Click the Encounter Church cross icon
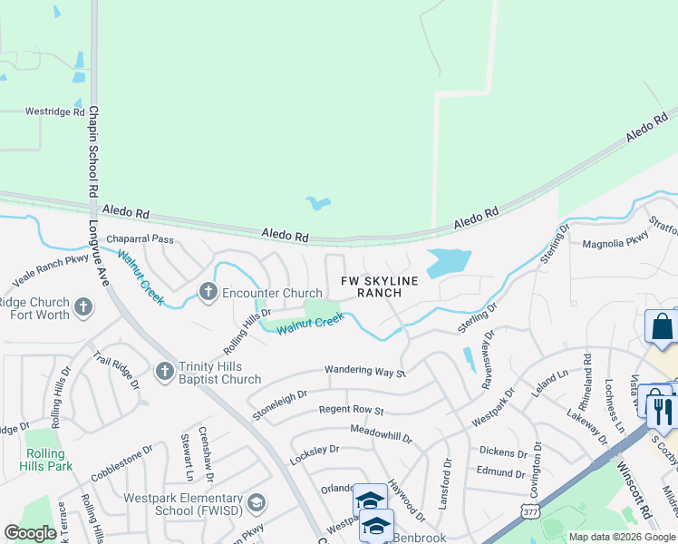[x=208, y=292]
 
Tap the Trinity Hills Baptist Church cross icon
[x=164, y=370]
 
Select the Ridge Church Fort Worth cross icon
[x=83, y=306]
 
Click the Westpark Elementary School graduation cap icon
[x=257, y=502]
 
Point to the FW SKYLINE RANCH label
[x=379, y=287]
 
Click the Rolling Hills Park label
[x=45, y=460]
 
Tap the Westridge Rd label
[x=49, y=112]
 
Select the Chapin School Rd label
[x=92, y=152]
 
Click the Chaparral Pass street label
[x=140, y=239]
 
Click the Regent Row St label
[x=351, y=411]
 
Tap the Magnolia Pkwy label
[x=615, y=243]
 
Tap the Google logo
[x=31, y=533]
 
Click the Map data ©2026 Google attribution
[x=621, y=537]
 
